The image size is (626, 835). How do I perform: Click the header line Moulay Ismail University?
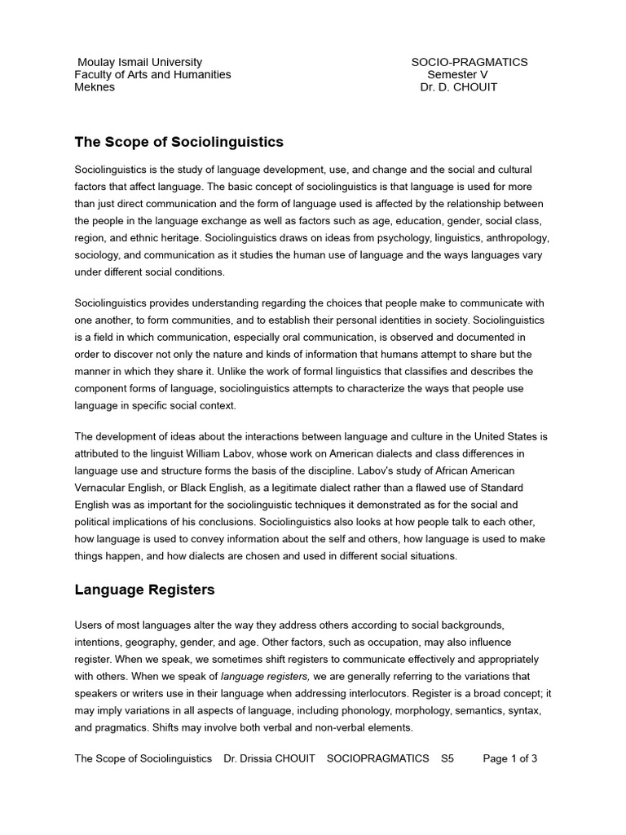[139, 62]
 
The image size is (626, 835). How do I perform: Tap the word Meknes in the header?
[95, 87]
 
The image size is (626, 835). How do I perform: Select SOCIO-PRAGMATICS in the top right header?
[469, 62]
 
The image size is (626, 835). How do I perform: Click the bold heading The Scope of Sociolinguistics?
[179, 142]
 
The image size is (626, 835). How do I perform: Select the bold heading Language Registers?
[145, 588]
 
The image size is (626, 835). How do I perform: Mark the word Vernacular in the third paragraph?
[106, 488]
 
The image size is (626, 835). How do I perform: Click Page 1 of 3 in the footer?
[510, 758]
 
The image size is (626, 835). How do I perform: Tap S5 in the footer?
[447, 758]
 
